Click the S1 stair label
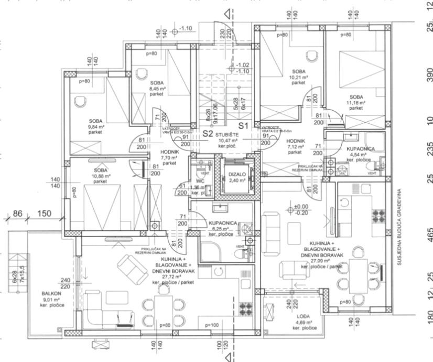[243, 126]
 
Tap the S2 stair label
[208, 133]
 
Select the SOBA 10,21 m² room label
[299, 77]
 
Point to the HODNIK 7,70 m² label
[169, 156]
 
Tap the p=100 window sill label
[213, 325]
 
